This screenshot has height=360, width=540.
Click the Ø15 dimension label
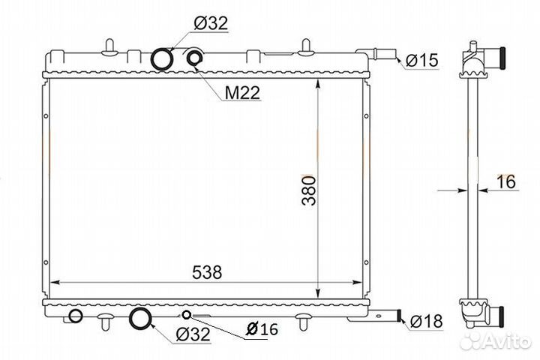tap(421, 60)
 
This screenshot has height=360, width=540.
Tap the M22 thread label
tap(242, 92)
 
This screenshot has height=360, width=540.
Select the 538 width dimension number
tap(207, 272)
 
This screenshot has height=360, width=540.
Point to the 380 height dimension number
tap(308, 190)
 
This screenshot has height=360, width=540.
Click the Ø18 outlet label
tap(426, 321)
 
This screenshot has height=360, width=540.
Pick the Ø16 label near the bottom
tap(262, 328)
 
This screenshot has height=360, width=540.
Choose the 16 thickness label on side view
tap(506, 181)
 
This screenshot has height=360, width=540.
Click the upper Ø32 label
tap(211, 23)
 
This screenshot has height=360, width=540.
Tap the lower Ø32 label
tap(193, 334)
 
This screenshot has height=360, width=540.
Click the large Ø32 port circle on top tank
tap(161, 59)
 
